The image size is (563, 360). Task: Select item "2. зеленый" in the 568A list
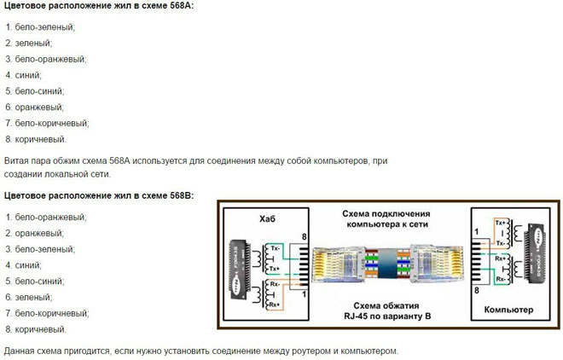click(x=28, y=43)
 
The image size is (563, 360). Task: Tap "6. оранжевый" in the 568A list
click(x=34, y=107)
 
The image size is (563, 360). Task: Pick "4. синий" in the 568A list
click(x=23, y=75)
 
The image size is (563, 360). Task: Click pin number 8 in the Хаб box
click(x=304, y=236)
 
